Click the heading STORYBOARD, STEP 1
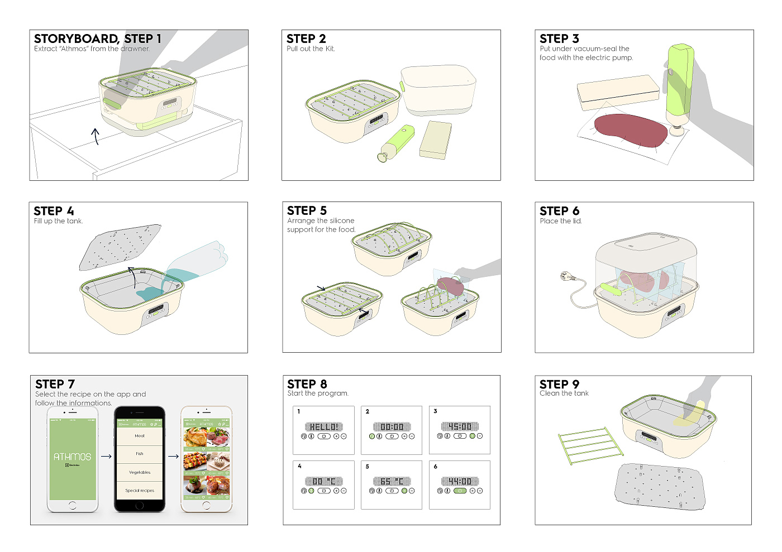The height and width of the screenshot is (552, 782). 98,39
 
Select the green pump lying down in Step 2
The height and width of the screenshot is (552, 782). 397,142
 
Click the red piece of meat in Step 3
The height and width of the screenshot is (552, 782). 631,131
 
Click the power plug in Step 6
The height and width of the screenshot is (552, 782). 565,276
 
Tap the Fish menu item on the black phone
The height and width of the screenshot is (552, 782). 140,454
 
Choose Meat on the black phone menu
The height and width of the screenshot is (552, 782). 140,436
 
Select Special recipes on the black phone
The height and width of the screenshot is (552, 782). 140,491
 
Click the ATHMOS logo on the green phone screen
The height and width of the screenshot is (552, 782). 72,457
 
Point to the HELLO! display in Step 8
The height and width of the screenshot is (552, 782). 323,427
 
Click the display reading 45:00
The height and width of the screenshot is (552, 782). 460,427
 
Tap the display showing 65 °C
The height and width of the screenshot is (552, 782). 392,481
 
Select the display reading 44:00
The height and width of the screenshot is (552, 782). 460,481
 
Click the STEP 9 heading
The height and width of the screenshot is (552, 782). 559,384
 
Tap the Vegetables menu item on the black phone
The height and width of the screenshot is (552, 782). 140,472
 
